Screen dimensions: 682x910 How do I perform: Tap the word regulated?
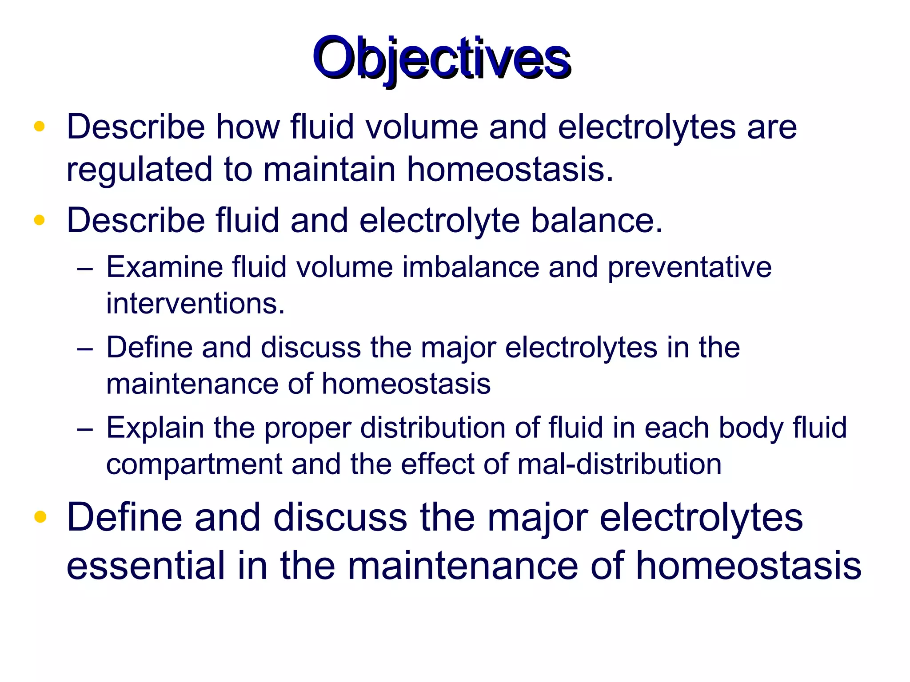click(x=140, y=170)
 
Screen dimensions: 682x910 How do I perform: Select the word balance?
click(x=597, y=220)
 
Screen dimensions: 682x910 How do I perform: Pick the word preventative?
click(x=689, y=267)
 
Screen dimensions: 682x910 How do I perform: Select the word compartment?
click(x=194, y=464)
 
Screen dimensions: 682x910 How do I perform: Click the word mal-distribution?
click(x=619, y=464)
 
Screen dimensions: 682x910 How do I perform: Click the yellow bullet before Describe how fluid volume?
click(x=40, y=127)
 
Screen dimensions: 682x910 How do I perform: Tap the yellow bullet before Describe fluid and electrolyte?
click(x=40, y=220)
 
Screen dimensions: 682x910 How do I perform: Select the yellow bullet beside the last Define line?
click(x=40, y=517)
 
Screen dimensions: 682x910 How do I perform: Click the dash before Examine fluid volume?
click(x=84, y=269)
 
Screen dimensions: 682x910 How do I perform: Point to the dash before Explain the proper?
click(x=84, y=429)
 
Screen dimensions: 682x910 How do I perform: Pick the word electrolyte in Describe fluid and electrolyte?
click(x=439, y=220)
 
